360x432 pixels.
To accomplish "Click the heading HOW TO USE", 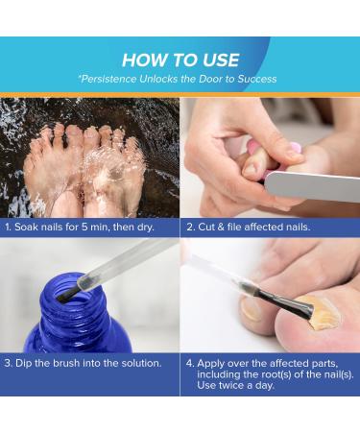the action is click(x=180, y=60).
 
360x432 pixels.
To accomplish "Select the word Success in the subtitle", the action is click(x=256, y=79).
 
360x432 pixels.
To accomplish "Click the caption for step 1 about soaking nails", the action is click(x=80, y=227).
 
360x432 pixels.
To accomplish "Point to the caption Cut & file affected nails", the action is click(x=249, y=227).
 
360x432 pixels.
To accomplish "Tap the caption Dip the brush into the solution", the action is click(x=83, y=363).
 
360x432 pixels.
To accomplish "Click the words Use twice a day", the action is click(x=236, y=385).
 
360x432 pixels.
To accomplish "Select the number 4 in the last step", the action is click(x=190, y=364).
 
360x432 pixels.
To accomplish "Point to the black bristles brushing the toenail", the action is click(x=286, y=302).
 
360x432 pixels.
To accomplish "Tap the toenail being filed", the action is click(x=252, y=168).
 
